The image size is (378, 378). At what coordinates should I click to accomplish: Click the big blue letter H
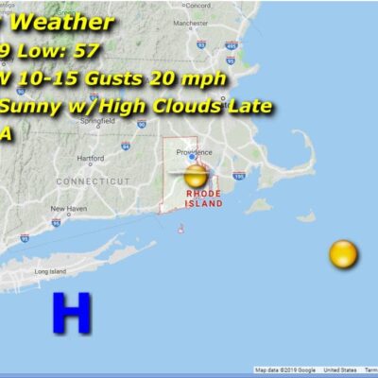tap(71, 313)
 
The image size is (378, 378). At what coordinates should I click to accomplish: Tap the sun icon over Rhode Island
tap(196, 176)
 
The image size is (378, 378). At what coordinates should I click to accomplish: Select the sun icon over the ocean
tap(343, 253)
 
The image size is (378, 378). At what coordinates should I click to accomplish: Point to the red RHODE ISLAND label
tap(203, 198)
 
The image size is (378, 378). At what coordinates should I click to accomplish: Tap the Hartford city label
tap(91, 158)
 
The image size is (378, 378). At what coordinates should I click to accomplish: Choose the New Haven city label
tap(68, 209)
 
